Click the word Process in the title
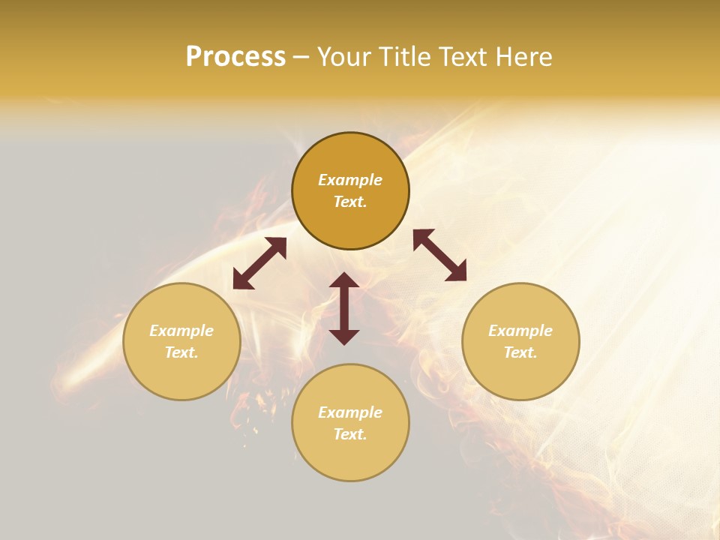pyautogui.click(x=235, y=57)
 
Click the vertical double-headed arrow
pyautogui.click(x=344, y=308)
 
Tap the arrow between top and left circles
pyautogui.click(x=259, y=263)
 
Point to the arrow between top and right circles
pyautogui.click(x=439, y=255)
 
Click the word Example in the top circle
pyautogui.click(x=350, y=180)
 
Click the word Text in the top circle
pyautogui.click(x=350, y=202)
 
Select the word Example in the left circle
pyautogui.click(x=181, y=331)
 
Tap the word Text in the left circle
pyautogui.click(x=181, y=352)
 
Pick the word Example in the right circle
pyautogui.click(x=520, y=331)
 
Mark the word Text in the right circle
pyautogui.click(x=520, y=352)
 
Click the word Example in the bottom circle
pyautogui.click(x=350, y=412)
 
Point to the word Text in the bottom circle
pyautogui.click(x=350, y=434)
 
